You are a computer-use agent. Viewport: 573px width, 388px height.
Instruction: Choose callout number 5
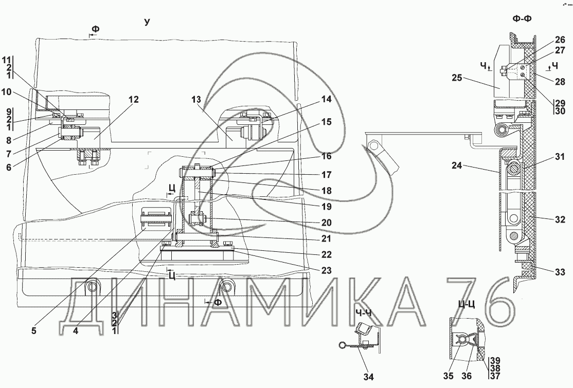tap(34, 331)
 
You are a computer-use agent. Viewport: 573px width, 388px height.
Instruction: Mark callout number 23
tap(326, 270)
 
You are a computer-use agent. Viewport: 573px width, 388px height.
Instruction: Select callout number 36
tap(466, 376)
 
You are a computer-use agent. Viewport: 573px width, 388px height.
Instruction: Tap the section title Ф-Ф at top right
tap(523, 19)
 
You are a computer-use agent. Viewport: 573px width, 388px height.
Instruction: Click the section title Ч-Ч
tap(363, 312)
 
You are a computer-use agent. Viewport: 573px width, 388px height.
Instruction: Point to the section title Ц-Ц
tap(465, 304)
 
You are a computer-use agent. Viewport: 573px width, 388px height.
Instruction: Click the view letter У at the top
tap(147, 22)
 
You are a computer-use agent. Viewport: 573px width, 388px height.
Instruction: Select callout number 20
tap(326, 223)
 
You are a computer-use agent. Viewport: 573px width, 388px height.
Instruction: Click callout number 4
tap(76, 331)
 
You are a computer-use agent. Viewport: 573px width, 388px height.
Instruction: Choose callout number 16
tap(326, 155)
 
